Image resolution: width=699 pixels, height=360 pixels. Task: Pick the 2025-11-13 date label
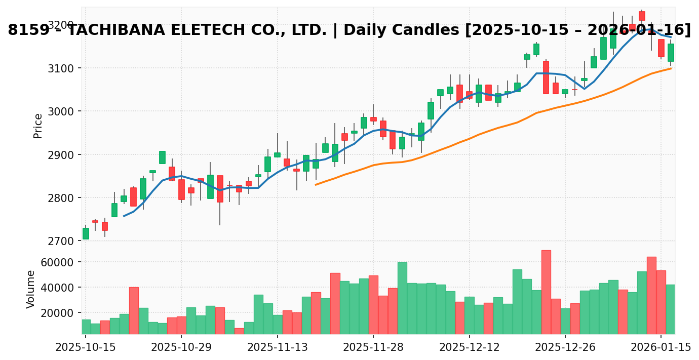coord(277,348)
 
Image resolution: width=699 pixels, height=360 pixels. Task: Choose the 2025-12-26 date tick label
coord(565,348)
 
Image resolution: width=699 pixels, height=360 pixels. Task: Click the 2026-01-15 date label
coord(661,348)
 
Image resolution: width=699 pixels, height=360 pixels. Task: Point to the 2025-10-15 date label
coord(86,348)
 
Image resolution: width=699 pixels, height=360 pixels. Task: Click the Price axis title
coord(38,126)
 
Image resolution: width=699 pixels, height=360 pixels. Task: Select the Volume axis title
coord(31,289)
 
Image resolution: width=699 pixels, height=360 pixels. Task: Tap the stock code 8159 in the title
coord(28,30)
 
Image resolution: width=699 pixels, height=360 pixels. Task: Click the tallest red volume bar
coord(546,292)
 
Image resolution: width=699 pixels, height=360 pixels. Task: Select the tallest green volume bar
coord(402,298)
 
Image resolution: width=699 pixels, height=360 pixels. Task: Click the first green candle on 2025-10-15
coord(86,233)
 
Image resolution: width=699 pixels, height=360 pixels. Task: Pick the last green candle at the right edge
coord(671,53)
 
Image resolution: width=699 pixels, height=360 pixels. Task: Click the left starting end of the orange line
coord(316,185)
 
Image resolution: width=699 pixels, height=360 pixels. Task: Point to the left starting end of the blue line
coord(124,216)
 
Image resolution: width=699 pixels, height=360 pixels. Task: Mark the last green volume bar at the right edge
coord(671,309)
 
